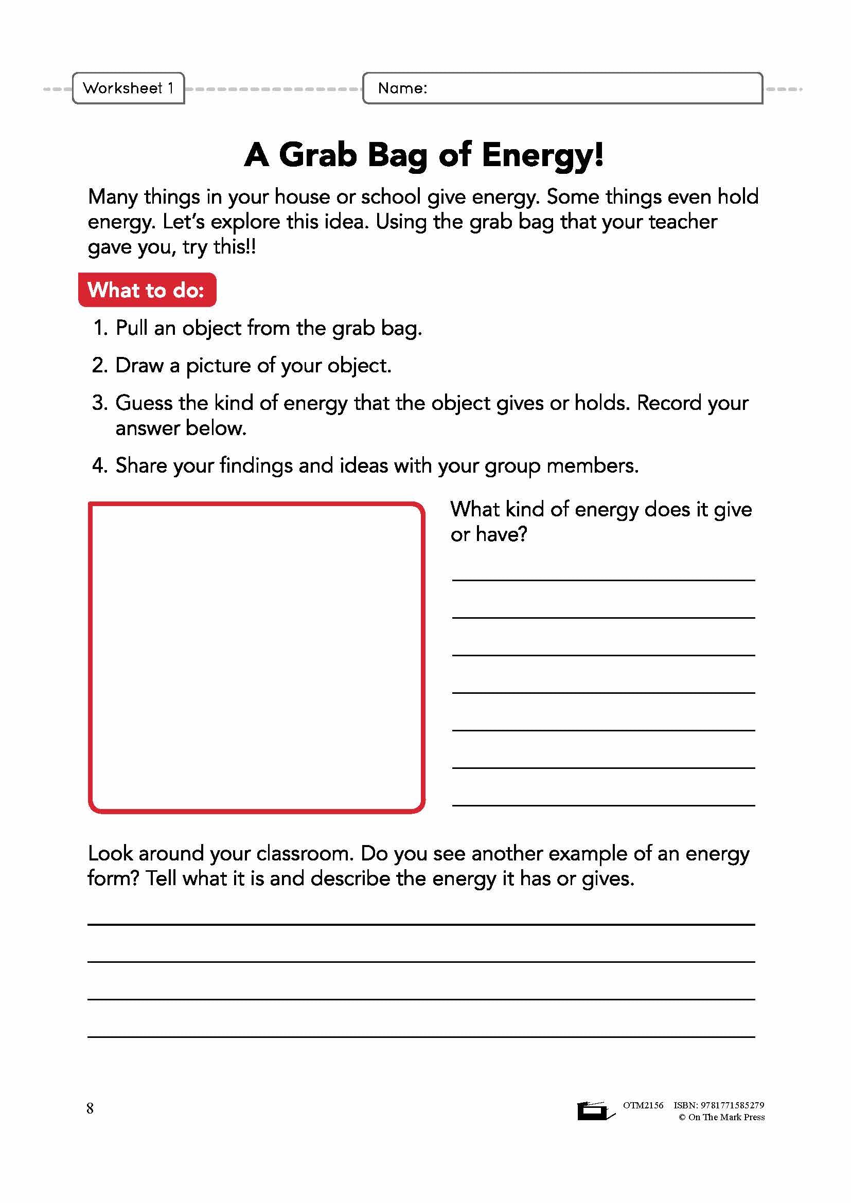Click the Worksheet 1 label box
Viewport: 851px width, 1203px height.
coord(128,88)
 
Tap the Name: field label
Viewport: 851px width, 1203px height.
coord(402,88)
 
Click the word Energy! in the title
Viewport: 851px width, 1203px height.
coord(542,156)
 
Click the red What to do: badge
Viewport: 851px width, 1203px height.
coord(147,290)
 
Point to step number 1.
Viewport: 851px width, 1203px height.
coord(100,328)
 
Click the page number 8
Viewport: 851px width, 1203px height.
coord(90,1108)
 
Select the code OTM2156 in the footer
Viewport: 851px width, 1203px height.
coord(643,1105)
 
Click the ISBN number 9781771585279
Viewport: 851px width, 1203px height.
coord(732,1105)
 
